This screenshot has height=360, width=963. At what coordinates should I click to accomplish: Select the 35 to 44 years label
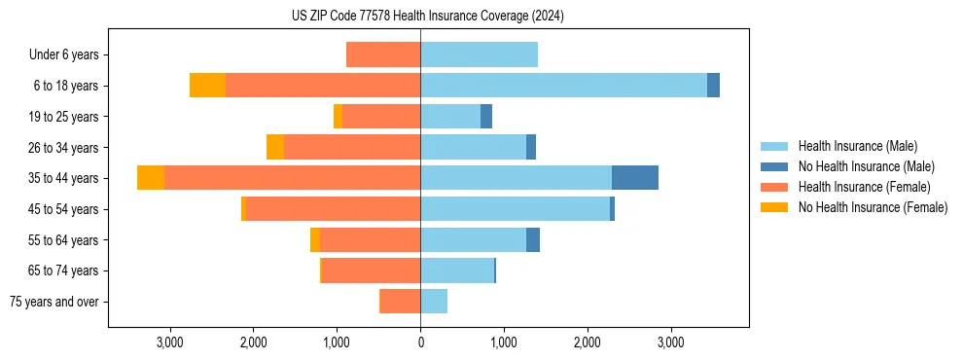coord(64,178)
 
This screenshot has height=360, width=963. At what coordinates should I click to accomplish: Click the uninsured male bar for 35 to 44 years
coord(635,178)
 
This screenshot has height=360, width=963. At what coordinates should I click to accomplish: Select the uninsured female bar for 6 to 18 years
coord(207,86)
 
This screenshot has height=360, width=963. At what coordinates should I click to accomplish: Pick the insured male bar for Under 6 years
coord(479,54)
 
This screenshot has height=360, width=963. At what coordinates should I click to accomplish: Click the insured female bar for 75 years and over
coord(400,302)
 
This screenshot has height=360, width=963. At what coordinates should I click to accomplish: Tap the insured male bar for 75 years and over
coord(434,302)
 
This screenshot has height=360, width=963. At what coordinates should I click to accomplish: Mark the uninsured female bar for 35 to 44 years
coord(151,178)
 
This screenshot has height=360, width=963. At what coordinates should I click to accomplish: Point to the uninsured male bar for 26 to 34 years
coord(531,147)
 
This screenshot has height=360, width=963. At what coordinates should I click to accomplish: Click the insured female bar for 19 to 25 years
coord(381,117)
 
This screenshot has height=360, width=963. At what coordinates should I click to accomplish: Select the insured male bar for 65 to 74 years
coord(457,270)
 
